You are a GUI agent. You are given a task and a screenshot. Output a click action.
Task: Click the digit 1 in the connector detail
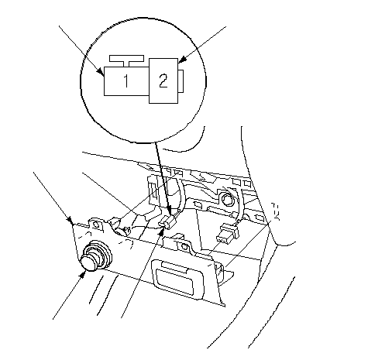pyautogui.click(x=126, y=81)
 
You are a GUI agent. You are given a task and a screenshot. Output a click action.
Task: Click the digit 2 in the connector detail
pyautogui.click(x=163, y=81)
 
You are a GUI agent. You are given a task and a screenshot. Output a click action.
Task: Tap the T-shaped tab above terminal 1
pyautogui.click(x=126, y=60)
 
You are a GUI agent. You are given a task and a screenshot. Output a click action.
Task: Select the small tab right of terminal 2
pyautogui.click(x=181, y=81)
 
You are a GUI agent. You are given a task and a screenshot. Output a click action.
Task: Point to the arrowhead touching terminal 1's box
pyautogui.click(x=101, y=71)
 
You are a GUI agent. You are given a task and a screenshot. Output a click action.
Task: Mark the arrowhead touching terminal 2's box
pyautogui.click(x=182, y=60)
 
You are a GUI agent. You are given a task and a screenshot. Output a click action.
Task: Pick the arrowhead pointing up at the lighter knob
pyautogui.click(x=83, y=275)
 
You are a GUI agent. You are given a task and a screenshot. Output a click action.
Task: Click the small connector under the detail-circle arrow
pyautogui.click(x=170, y=221)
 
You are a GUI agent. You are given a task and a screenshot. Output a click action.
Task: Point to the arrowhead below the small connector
pyautogui.click(x=161, y=231)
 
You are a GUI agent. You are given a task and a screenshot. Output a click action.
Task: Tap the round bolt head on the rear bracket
pyautogui.click(x=227, y=199)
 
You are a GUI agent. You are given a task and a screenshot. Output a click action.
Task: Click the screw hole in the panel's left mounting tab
pyautogui.click(x=96, y=224)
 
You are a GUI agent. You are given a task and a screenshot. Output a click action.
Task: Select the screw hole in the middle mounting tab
pyautogui.click(x=184, y=246)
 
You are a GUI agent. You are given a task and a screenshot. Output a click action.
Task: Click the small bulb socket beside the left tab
pyautogui.click(x=120, y=230)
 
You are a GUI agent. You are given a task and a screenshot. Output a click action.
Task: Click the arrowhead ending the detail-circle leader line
pyautogui.click(x=169, y=210)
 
